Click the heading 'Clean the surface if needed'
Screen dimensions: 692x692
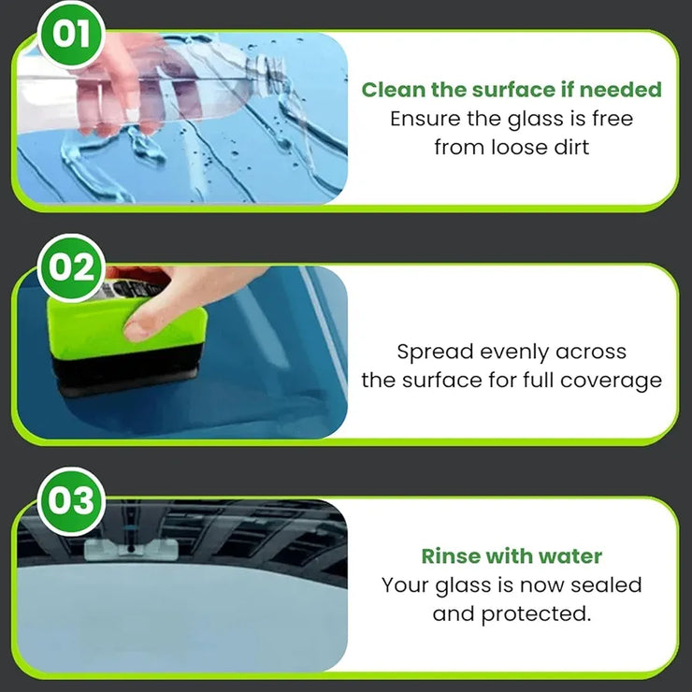tap(512, 90)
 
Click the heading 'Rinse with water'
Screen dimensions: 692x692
tap(512, 556)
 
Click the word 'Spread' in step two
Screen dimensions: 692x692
tap(435, 353)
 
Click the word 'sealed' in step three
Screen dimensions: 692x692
tap(608, 585)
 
